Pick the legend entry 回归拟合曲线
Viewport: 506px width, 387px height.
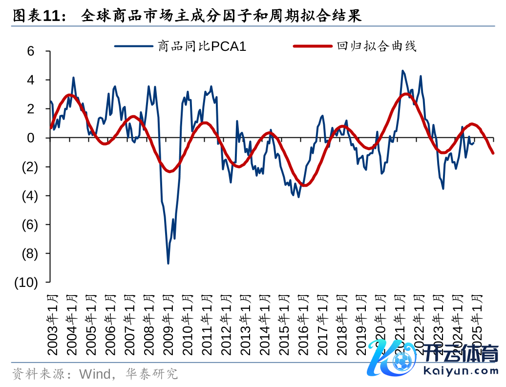pos(376,46)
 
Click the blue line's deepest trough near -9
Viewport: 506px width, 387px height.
pos(168,264)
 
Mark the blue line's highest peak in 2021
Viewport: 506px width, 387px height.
pos(402,71)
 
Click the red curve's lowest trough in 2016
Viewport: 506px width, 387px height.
pos(304,185)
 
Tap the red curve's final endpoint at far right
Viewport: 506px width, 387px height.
pos(493,153)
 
